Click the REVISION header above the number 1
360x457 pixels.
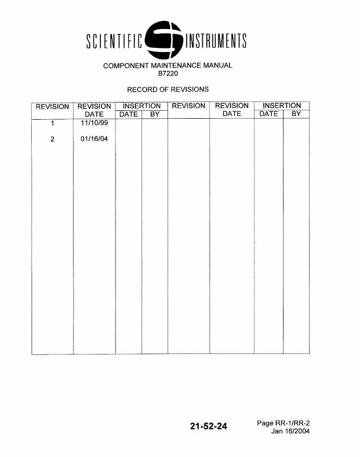click(x=53, y=107)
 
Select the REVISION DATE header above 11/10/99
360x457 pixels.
click(x=94, y=110)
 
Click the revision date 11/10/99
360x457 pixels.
click(x=94, y=123)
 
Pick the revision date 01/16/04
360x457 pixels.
click(x=94, y=139)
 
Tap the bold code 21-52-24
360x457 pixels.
click(x=209, y=427)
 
